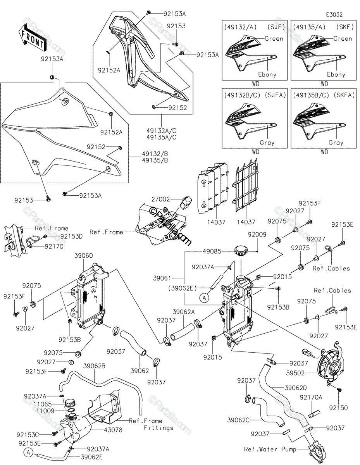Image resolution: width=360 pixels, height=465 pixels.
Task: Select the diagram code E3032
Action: pos(334,15)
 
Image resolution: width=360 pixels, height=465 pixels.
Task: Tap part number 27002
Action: pos(160,199)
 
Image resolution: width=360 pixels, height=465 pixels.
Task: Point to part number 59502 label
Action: pos(295,373)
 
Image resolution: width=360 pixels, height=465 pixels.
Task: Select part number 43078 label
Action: pos(113,429)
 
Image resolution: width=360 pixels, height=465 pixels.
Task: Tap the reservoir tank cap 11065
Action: pos(70,404)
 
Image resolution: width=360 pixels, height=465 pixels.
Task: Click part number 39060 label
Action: pos(83,255)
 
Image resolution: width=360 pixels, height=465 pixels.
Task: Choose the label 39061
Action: pos(162,278)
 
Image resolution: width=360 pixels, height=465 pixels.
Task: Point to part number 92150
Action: pos(338,408)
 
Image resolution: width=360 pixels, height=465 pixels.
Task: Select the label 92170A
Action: pos(311,397)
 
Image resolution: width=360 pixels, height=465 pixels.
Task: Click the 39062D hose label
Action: pos(296,388)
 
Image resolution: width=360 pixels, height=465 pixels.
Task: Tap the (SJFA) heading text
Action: pos(275,95)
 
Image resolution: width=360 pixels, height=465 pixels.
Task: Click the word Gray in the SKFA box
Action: pos(336,143)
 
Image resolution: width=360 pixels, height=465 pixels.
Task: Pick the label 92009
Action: pos(257,234)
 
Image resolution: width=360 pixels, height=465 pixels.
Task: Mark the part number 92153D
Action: pos(71,236)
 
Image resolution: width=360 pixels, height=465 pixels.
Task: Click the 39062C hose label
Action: pos(238,420)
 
